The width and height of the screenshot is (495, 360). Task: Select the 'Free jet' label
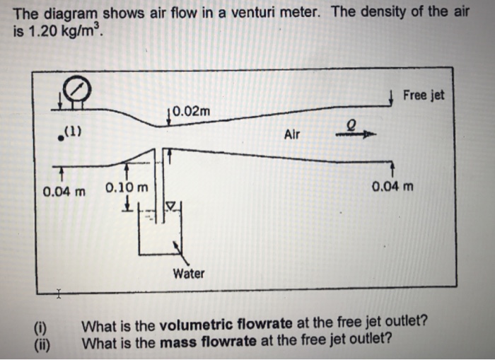click(424, 95)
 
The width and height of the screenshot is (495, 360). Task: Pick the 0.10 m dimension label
click(127, 189)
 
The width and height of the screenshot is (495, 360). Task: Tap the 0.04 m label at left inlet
click(64, 191)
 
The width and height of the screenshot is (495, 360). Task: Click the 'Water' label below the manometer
click(188, 273)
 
